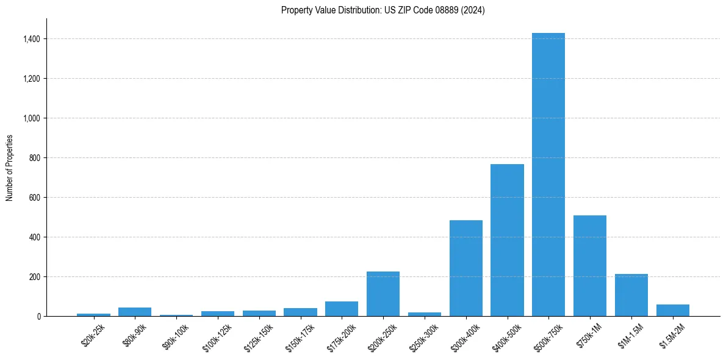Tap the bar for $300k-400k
tap(466, 268)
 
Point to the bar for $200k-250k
tap(383, 293)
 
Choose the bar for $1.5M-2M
tap(673, 310)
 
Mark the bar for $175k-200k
tap(342, 309)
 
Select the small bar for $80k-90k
tap(135, 312)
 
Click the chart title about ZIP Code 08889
tap(383, 10)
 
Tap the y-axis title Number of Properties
tap(10, 168)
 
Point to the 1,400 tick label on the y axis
tap(32, 39)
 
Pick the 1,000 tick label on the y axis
tap(32, 118)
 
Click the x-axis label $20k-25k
tap(93, 335)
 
